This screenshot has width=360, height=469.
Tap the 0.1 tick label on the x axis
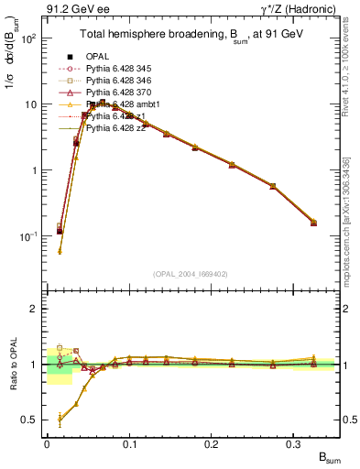click(x=129, y=443)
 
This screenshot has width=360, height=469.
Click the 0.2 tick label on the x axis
click(x=212, y=443)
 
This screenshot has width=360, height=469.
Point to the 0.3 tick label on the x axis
click(x=294, y=443)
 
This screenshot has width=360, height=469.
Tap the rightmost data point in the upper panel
click(x=313, y=222)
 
